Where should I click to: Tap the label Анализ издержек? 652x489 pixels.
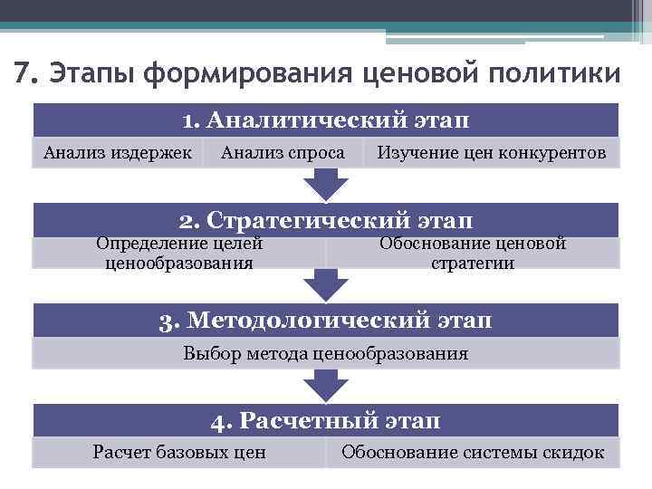click(118, 153)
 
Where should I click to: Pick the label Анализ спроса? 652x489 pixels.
click(283, 153)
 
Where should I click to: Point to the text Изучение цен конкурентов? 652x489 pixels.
click(492, 153)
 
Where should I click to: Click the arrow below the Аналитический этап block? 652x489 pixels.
click(326, 186)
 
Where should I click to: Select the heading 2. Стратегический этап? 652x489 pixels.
click(326, 220)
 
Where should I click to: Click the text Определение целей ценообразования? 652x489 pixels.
click(179, 254)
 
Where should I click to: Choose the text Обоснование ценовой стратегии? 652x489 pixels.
click(473, 254)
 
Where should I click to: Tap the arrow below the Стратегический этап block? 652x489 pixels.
click(326, 286)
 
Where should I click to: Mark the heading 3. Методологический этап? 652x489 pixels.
click(326, 321)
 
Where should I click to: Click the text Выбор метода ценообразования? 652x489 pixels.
click(326, 353)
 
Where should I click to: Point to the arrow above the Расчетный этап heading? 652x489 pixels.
click(326, 387)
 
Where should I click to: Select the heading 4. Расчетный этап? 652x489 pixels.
click(326, 421)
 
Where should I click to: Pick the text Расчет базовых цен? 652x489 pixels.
click(179, 452)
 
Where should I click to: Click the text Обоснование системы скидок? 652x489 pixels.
click(473, 452)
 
